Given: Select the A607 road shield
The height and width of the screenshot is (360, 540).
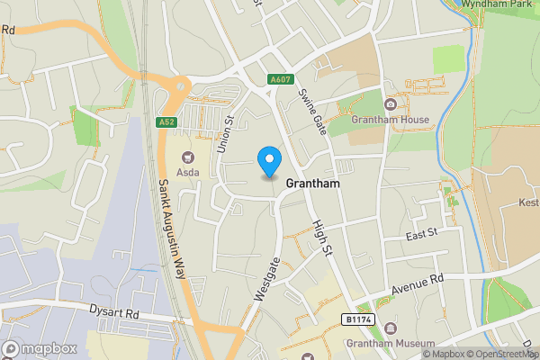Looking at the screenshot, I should pos(280,80).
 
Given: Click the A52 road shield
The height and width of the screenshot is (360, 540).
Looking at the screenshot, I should pos(165,121).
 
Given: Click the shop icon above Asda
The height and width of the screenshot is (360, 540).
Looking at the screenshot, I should pos(189,155).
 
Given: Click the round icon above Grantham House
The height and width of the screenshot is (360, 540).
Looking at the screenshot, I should pos(390,103).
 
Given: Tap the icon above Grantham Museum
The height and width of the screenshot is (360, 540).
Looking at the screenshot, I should pos(389,328).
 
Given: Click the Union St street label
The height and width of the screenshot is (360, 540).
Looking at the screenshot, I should pos(226,133).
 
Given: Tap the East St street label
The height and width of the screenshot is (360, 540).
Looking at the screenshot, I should pos(420,233).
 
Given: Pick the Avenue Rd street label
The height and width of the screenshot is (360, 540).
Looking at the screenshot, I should pos(418,285).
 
